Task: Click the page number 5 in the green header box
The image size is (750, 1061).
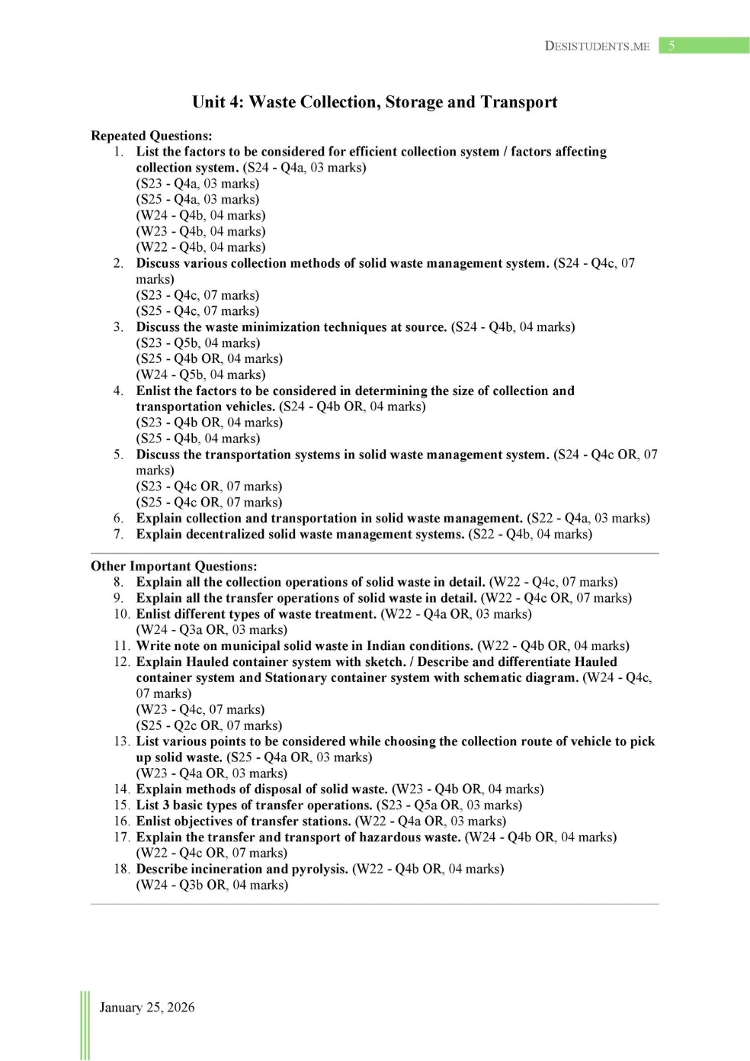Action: pyautogui.click(x=671, y=46)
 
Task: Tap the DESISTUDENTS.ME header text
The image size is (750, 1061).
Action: pyautogui.click(x=597, y=46)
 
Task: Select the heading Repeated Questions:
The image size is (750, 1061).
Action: pyautogui.click(x=152, y=136)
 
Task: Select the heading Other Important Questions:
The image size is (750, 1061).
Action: pyautogui.click(x=174, y=566)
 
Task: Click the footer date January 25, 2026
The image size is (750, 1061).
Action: pyautogui.click(x=147, y=1007)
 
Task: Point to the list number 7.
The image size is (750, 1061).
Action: pyautogui.click(x=119, y=534)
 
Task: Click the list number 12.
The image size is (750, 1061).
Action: pyautogui.click(x=122, y=661)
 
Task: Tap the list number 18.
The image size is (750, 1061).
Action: pyautogui.click(x=122, y=869)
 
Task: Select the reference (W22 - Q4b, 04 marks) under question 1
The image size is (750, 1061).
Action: pyautogui.click(x=201, y=247)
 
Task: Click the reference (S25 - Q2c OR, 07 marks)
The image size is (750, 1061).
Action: pyautogui.click(x=209, y=725)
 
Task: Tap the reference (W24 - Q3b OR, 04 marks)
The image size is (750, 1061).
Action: pyautogui.click(x=212, y=885)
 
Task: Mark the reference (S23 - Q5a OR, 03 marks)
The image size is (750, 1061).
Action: pyautogui.click(x=450, y=805)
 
